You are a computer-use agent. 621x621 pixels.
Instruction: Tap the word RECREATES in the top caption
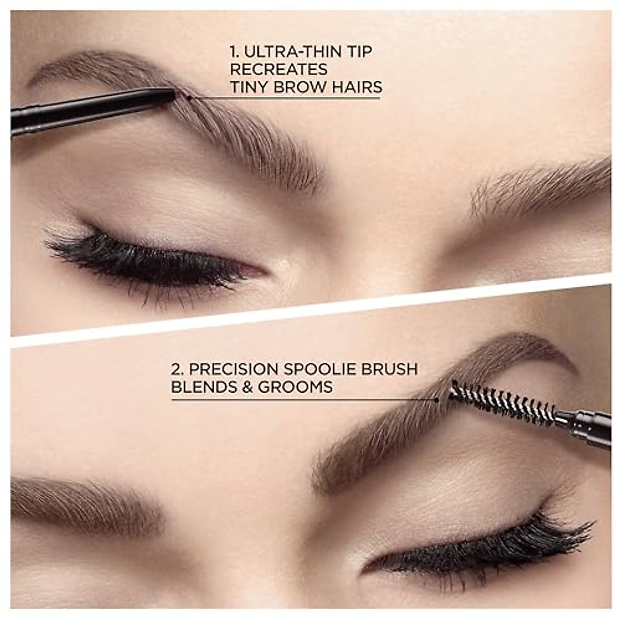pos(278,69)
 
